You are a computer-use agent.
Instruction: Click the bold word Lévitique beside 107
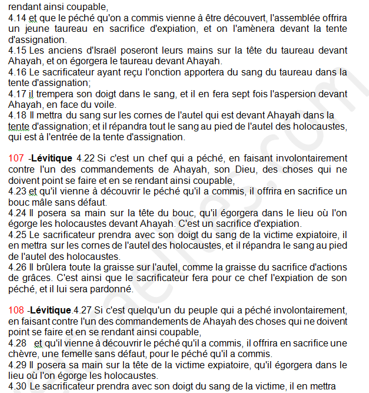[52, 158]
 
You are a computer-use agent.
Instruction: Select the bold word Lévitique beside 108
[52, 310]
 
